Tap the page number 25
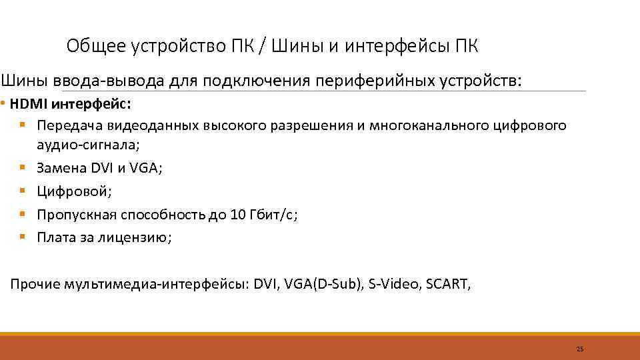(x=579, y=349)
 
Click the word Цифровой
(x=75, y=192)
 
